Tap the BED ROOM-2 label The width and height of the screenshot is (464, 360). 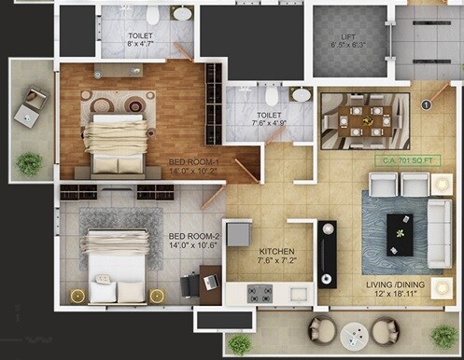(x=194, y=241)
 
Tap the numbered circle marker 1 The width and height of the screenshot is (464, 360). (x=427, y=105)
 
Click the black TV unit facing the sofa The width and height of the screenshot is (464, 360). (x=327, y=252)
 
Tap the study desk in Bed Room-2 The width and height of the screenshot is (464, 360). (x=211, y=284)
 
